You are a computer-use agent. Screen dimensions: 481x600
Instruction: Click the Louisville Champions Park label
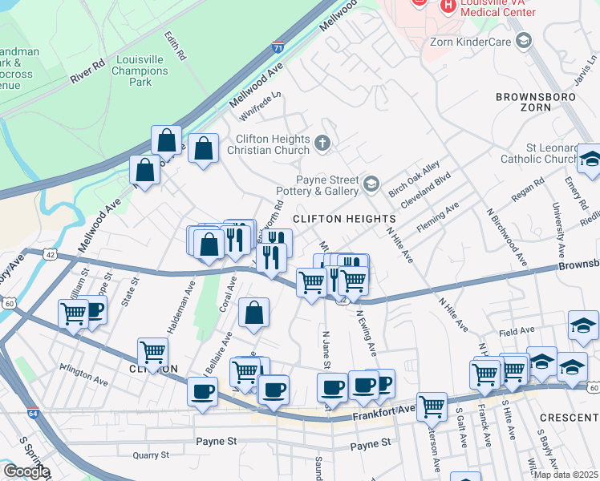click(140, 71)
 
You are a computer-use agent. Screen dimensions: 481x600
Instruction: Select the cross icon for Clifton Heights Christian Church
click(322, 143)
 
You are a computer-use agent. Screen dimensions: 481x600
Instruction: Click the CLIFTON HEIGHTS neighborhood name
click(344, 219)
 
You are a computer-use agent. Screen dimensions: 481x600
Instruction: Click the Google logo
click(26, 471)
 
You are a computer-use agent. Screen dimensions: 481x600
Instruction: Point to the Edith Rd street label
click(175, 46)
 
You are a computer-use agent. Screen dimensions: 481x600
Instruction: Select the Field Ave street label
click(517, 330)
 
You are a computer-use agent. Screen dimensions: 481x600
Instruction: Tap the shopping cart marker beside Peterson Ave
click(432, 406)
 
